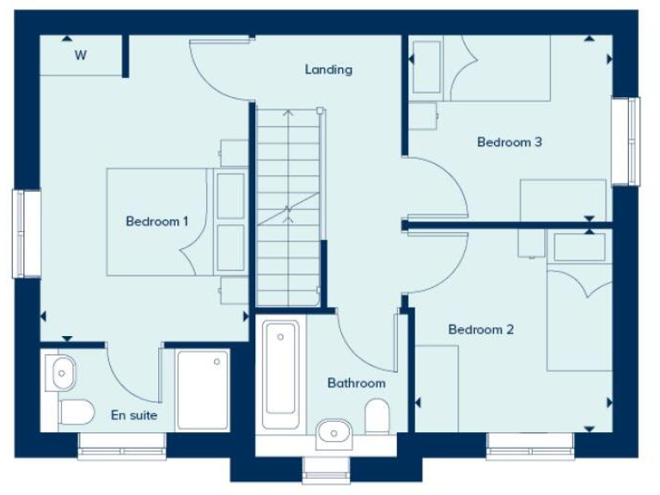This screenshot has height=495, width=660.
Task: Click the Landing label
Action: point(328,70)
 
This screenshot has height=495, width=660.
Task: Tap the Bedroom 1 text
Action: point(157,222)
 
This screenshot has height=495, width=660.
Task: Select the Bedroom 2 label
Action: point(480,329)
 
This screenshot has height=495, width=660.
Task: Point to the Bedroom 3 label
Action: point(509,143)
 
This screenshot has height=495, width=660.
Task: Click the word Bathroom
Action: point(356,383)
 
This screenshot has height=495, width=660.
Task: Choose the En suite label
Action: point(134,415)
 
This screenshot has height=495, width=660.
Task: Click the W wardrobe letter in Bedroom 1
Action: point(81,57)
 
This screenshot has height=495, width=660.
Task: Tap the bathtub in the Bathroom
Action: point(281,374)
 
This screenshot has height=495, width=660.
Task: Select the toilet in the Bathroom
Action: point(377,419)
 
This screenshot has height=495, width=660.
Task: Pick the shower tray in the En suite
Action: point(203,388)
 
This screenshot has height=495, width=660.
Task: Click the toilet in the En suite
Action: point(76,412)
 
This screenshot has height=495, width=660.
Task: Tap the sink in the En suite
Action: point(63,373)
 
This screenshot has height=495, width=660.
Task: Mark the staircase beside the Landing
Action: point(289,206)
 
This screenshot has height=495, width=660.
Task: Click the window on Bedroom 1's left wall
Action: point(27,233)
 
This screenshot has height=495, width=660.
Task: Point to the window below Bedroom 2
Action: point(530,445)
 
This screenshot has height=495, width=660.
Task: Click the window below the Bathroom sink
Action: point(327,468)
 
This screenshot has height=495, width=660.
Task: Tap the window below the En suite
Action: point(121,445)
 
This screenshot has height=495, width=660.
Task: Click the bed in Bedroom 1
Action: point(159,222)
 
